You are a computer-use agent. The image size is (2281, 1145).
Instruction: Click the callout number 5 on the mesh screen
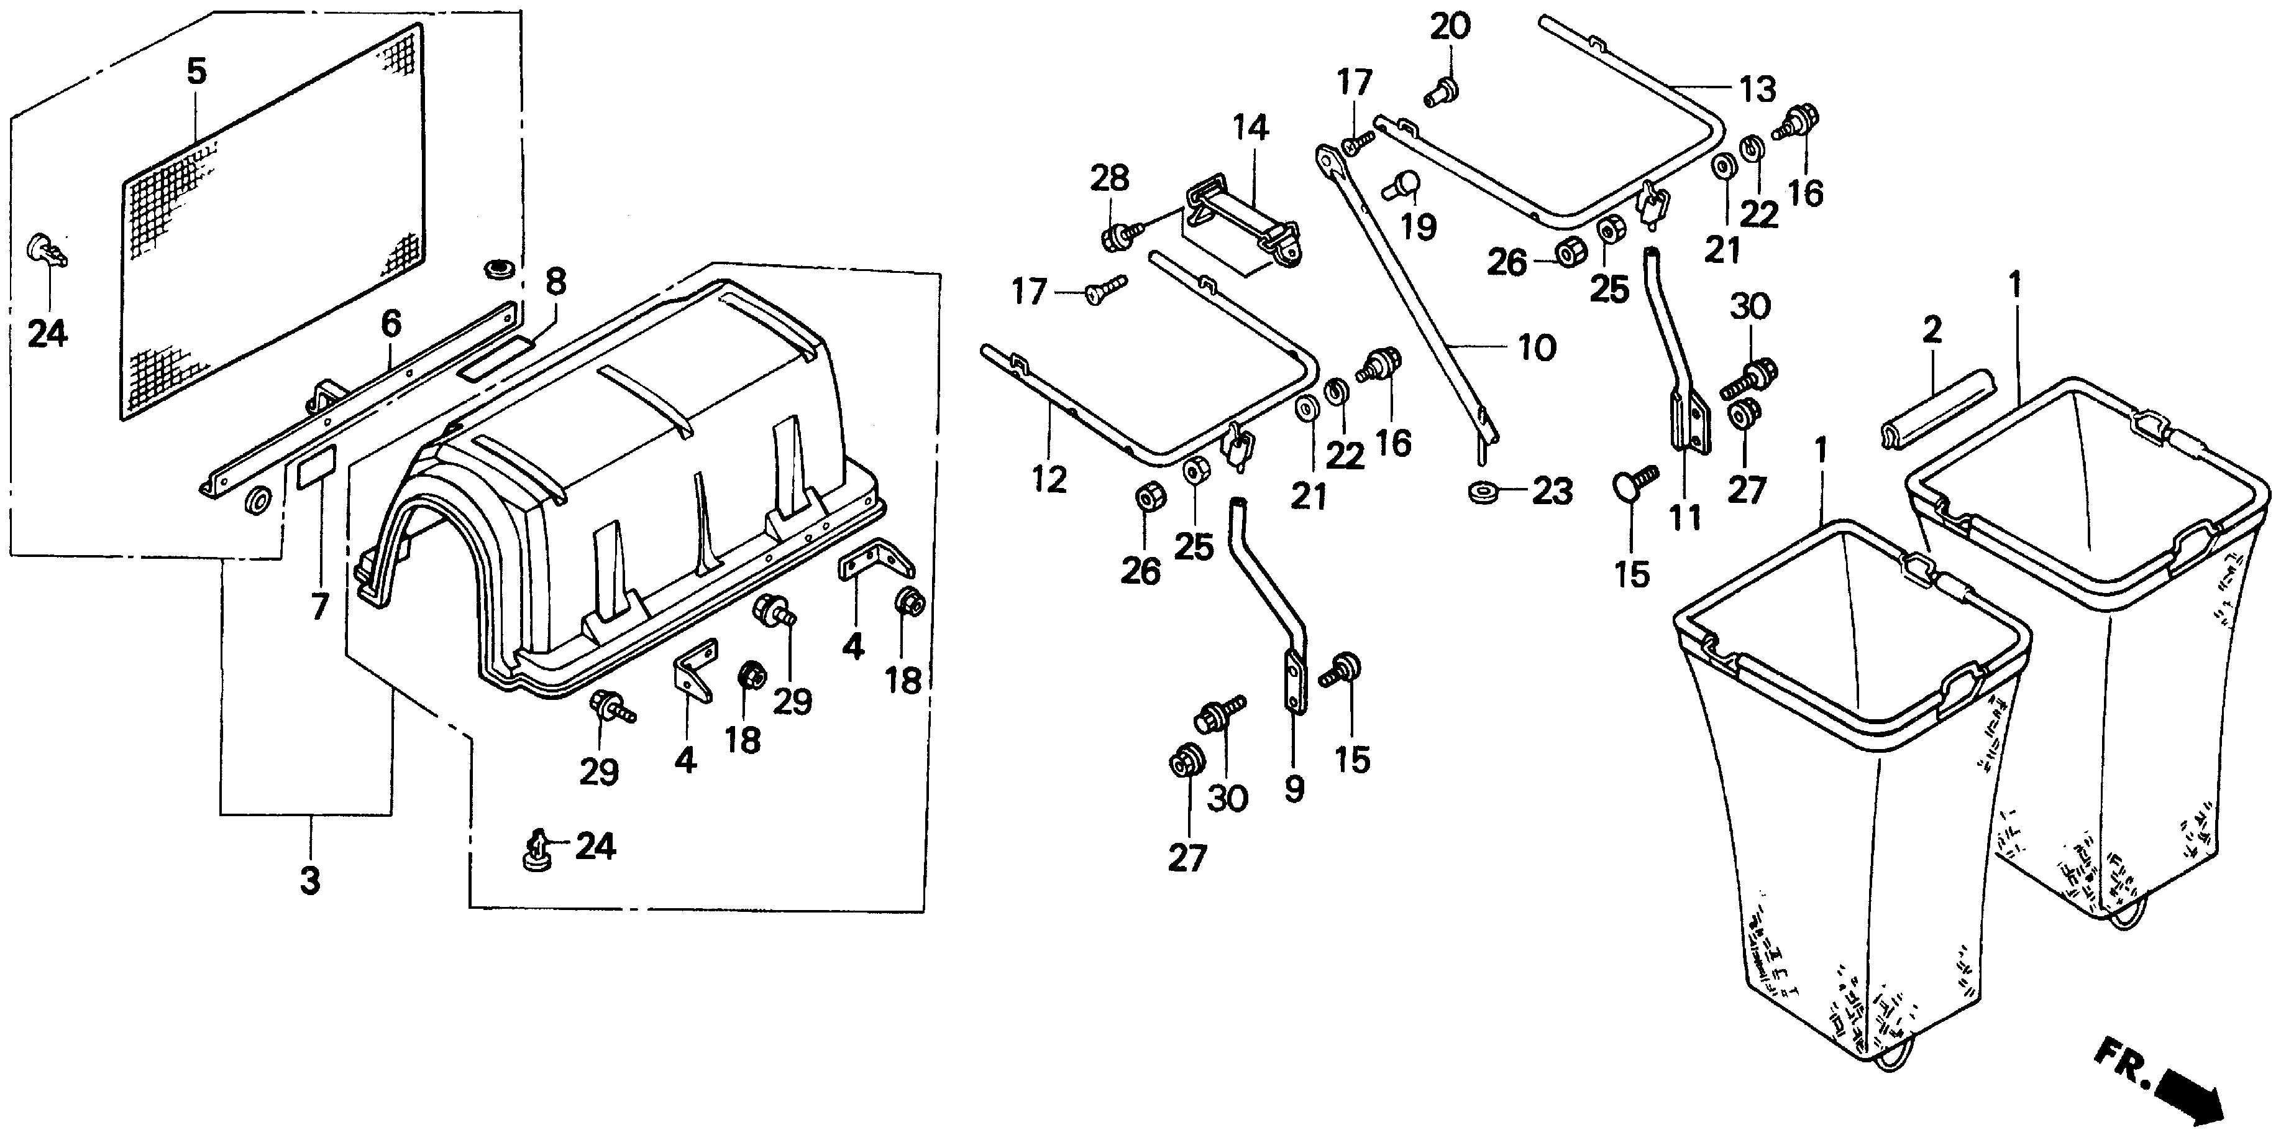[x=196, y=71]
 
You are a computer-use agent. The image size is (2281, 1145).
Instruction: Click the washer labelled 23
[x=1478, y=492]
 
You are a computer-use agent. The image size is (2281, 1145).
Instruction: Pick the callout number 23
[x=1552, y=492]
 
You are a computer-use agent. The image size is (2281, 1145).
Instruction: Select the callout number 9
[x=1294, y=787]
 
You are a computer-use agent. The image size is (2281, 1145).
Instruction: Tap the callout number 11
[x=1685, y=517]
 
